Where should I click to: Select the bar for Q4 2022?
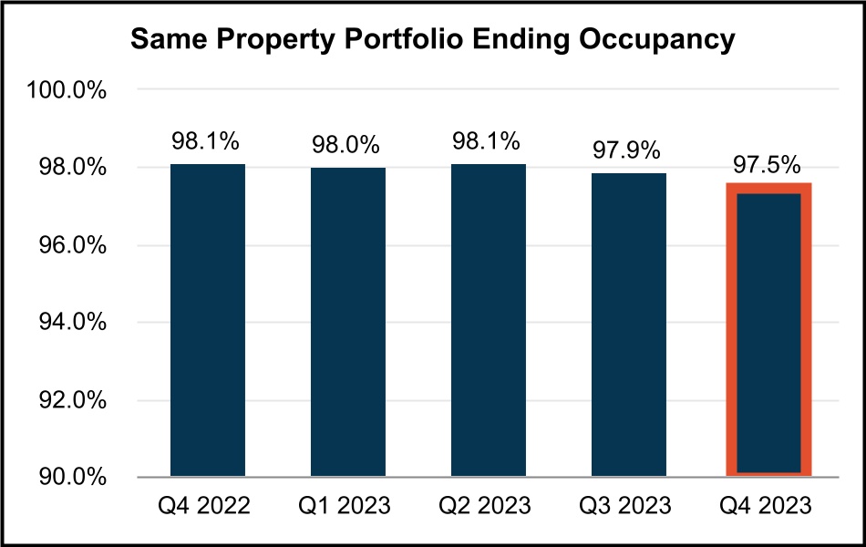(x=208, y=319)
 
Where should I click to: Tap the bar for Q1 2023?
(x=347, y=321)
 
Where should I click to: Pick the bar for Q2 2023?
(x=488, y=319)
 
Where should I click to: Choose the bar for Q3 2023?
(x=628, y=324)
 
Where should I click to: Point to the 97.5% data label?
(x=768, y=165)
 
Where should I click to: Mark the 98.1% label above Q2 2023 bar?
(x=488, y=142)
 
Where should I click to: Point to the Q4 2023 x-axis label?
(x=768, y=504)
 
